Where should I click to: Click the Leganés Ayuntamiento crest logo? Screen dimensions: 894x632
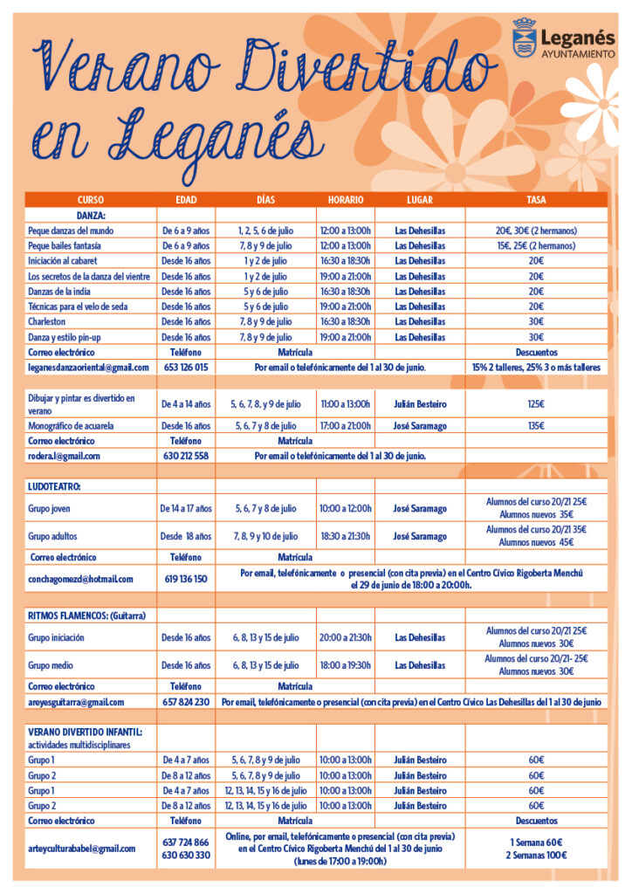click(x=525, y=37)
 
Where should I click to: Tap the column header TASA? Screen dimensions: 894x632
click(x=536, y=200)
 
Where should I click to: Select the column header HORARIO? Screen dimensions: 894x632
click(x=346, y=200)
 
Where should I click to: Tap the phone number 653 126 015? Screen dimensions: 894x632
click(x=186, y=368)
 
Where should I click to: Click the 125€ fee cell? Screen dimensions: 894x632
click(x=536, y=404)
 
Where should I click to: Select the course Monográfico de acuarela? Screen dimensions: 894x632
click(x=71, y=426)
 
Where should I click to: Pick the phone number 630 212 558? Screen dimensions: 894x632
click(x=186, y=456)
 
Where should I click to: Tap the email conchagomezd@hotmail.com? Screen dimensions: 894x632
click(x=80, y=578)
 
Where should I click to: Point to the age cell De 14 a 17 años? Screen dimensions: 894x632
click(x=186, y=508)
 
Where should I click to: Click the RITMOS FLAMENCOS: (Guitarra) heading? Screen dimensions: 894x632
click(x=86, y=615)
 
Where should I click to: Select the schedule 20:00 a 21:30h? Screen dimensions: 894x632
click(x=346, y=637)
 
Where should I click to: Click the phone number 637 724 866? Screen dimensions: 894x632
click(x=186, y=842)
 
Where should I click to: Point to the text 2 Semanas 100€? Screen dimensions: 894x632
click(x=536, y=855)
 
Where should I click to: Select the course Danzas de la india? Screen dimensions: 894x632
click(x=63, y=292)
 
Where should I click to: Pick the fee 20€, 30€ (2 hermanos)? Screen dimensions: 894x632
click(x=536, y=230)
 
